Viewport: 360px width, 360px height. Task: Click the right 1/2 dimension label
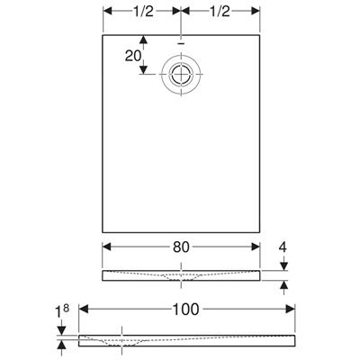tap(220, 12)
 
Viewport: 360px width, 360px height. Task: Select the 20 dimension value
tap(133, 56)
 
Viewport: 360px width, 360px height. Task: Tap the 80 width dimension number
tap(181, 247)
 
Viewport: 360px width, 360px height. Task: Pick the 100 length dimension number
tap(185, 310)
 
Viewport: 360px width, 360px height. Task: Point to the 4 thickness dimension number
tap(283, 247)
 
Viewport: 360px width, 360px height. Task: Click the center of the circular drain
tap(181, 74)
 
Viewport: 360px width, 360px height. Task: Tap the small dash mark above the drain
tap(181, 43)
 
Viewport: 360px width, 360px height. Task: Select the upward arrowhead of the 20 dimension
tap(144, 40)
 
